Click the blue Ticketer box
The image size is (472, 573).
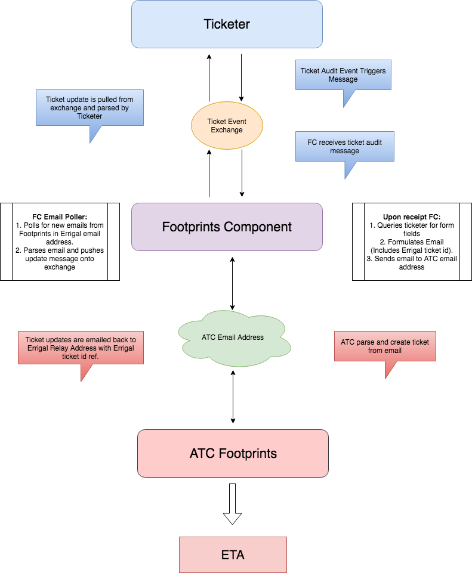(227, 24)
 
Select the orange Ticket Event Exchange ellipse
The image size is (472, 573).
(227, 126)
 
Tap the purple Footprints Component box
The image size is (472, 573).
(227, 227)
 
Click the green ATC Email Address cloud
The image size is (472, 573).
(233, 337)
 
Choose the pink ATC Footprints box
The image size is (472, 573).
(233, 453)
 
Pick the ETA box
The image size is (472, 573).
(233, 555)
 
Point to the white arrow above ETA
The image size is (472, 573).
(232, 503)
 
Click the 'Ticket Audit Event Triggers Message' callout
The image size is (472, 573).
(343, 75)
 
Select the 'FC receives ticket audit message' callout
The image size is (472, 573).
(344, 147)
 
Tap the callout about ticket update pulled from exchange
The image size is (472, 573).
(90, 108)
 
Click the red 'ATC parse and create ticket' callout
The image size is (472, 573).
(384, 346)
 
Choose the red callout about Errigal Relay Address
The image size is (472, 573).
(81, 348)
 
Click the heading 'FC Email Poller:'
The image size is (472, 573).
(60, 216)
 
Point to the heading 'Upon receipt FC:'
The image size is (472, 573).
(412, 216)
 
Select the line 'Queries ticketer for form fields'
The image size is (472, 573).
(412, 230)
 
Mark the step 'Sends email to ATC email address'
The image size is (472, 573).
(412, 263)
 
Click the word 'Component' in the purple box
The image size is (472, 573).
(258, 227)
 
